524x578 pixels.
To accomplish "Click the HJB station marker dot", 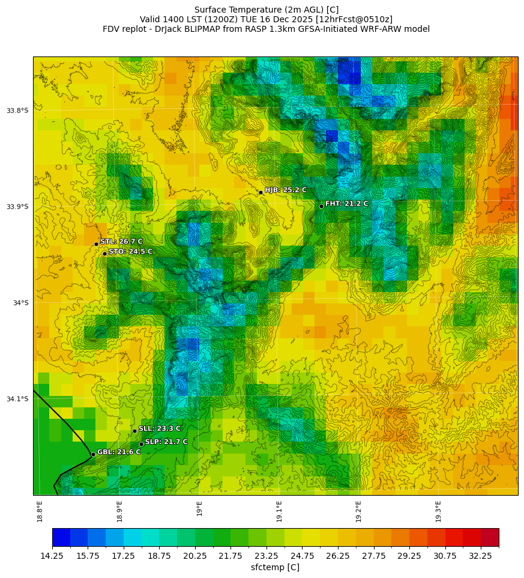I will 260,192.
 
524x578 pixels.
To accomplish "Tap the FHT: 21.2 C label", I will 347,204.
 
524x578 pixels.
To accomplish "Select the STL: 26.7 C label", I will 121,242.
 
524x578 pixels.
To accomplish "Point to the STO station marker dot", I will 104,254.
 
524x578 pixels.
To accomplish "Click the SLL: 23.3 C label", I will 160,428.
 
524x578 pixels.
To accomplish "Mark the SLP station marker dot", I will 141,444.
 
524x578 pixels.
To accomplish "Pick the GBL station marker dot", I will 93,454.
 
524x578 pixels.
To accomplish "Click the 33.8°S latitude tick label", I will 17,111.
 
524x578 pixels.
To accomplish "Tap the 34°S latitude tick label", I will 21,303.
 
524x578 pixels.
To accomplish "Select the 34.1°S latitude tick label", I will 17,399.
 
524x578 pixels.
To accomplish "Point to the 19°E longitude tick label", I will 199,508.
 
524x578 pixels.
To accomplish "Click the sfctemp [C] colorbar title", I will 275,567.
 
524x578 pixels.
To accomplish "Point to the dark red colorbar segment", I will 490,537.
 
